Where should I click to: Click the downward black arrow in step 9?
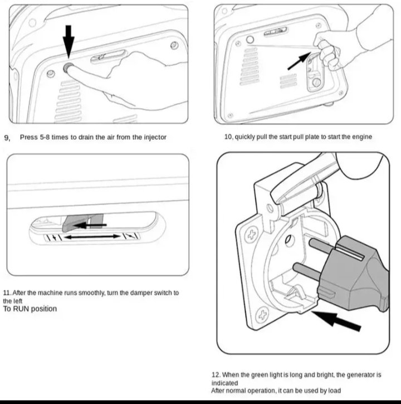pyautogui.click(x=68, y=38)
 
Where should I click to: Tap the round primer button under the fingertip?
pyautogui.click(x=69, y=68)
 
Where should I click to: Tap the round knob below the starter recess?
pyautogui.click(x=315, y=82)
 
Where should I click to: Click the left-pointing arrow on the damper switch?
pyautogui.click(x=89, y=226)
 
